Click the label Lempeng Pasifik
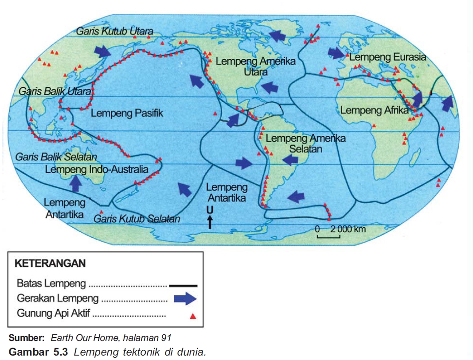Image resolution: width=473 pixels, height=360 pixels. pos(127,113)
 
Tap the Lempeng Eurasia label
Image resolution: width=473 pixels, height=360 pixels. pos(387,57)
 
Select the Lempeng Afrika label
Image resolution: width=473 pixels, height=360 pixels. pos(375,110)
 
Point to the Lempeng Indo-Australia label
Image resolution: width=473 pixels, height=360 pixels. pos(97,170)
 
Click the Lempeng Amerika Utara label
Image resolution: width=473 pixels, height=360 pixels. pos(255,66)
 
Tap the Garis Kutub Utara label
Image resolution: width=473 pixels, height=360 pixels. pos(115,31)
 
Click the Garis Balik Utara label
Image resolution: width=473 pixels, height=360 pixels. pos(55,91)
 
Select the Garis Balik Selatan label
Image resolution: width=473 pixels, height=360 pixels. pos(56,157)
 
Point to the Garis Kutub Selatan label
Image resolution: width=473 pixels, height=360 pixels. pos(137,219)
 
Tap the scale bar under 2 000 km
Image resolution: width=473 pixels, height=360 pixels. pos(328,236)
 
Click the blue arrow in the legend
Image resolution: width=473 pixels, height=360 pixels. pos(186,299)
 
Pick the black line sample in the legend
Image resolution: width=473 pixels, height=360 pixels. pos(183,286)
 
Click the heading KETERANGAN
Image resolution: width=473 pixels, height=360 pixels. pos(50,263)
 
